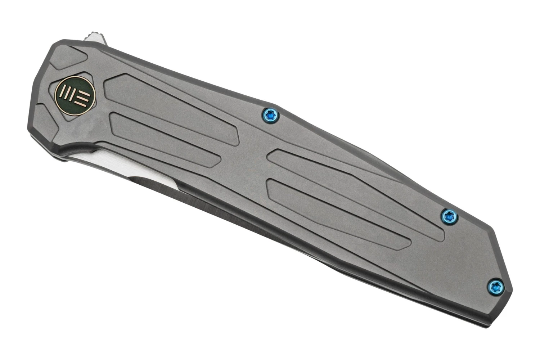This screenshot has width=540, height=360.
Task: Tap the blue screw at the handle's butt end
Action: point(496,285)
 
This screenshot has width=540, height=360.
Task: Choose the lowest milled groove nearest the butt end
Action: point(335,212)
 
